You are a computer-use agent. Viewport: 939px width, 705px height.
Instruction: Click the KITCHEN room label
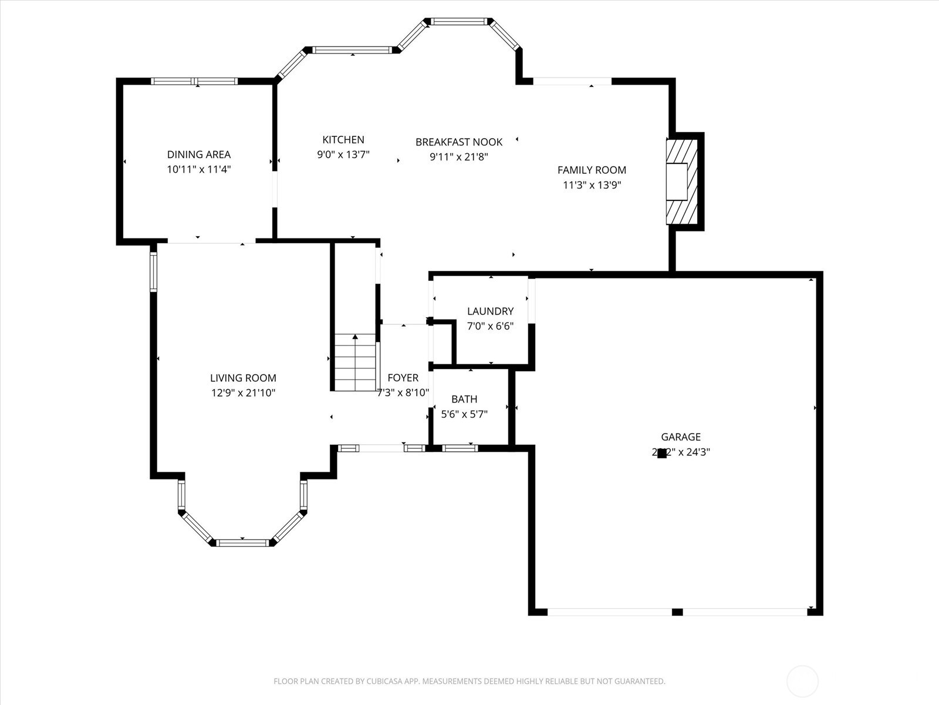[x=343, y=140]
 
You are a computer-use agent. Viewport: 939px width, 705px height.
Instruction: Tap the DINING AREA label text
[x=199, y=155]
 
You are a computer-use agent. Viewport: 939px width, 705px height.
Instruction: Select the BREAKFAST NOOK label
[x=459, y=142]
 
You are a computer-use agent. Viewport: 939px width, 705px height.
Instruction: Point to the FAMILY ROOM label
[x=592, y=170]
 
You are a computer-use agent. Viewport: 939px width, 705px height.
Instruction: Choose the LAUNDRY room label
[x=490, y=311]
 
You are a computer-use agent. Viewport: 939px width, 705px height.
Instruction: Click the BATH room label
[x=464, y=399]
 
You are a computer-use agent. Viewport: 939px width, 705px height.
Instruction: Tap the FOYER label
[x=403, y=378]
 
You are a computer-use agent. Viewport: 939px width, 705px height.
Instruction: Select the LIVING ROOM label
[x=243, y=378]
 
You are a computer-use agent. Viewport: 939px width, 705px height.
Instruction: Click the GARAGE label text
[x=681, y=437]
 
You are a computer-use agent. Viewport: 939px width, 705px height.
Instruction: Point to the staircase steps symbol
[x=355, y=361]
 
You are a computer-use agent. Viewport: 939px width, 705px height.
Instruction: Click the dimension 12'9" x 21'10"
[x=243, y=393]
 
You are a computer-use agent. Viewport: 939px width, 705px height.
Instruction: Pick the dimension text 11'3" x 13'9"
[x=592, y=185]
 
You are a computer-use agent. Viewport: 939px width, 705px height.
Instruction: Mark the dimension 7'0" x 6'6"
[x=490, y=326]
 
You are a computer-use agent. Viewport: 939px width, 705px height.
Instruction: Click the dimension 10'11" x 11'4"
[x=199, y=169]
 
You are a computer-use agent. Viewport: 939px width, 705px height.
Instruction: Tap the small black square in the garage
[x=661, y=453]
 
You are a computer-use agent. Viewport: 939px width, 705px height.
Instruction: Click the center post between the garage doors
[x=677, y=612]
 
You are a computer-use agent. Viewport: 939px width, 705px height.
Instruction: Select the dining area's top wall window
[x=194, y=82]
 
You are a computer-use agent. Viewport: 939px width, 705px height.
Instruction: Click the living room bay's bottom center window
[x=243, y=543]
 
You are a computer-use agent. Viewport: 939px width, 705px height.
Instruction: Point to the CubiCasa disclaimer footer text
[x=469, y=681]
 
